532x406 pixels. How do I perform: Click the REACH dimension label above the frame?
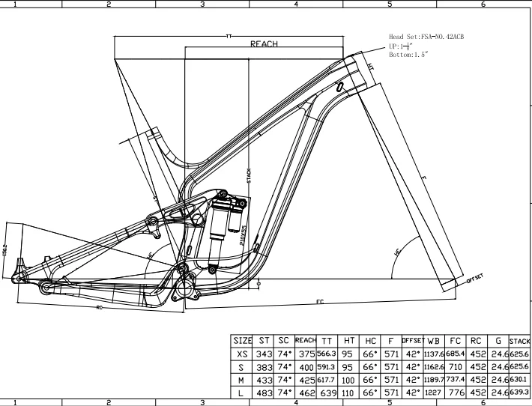click(x=265, y=44)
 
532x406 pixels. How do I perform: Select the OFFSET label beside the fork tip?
click(x=475, y=278)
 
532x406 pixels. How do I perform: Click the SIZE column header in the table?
click(x=242, y=341)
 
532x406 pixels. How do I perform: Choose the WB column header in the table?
click(x=433, y=341)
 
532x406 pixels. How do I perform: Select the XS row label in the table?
click(x=242, y=354)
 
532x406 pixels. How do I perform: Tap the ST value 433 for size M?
click(x=262, y=381)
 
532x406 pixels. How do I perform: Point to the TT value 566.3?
click(x=327, y=354)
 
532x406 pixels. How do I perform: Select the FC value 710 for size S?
click(x=455, y=368)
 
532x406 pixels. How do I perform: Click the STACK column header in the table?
click(x=519, y=341)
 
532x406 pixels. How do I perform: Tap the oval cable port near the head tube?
click(x=341, y=88)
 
